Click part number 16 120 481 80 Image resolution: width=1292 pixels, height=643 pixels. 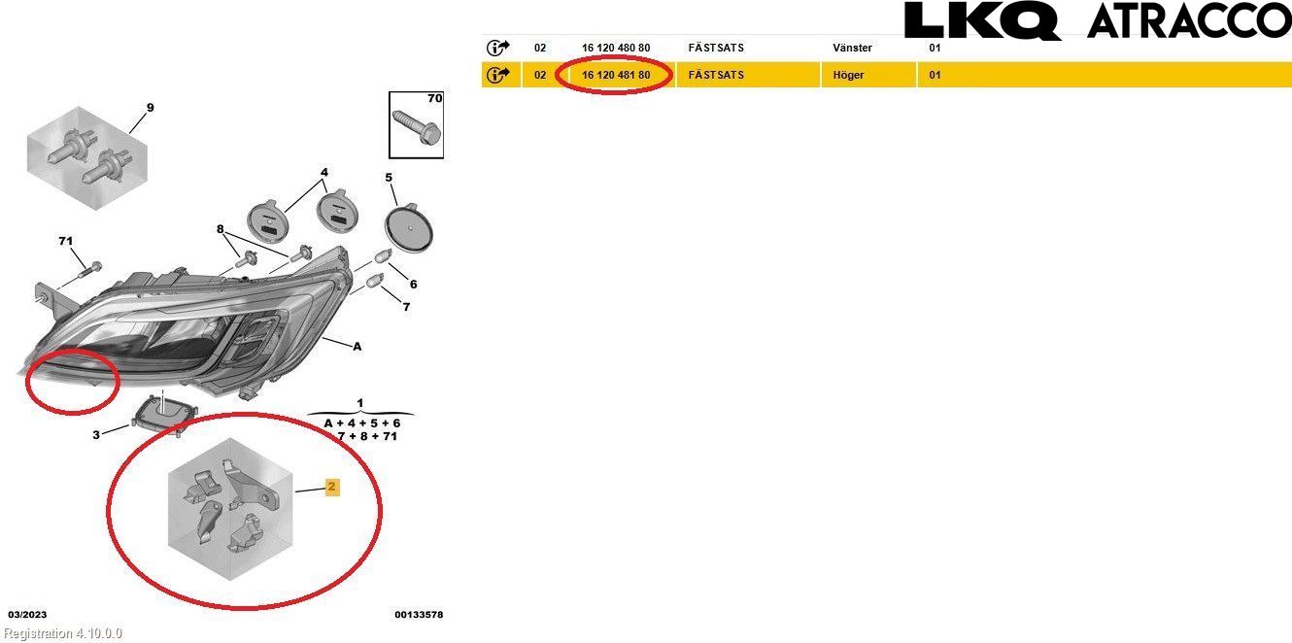[616, 75]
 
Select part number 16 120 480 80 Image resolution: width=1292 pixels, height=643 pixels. [616, 48]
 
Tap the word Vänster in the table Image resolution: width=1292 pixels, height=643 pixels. [852, 48]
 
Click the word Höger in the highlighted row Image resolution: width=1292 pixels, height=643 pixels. [848, 75]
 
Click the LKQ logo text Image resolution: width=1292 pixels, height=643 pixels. [982, 21]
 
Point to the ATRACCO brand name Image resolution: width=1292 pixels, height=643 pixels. [1189, 20]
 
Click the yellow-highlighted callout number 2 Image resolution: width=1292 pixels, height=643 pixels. [331, 487]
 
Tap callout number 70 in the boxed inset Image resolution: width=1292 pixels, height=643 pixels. [435, 99]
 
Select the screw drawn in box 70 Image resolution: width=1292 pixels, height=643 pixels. [417, 127]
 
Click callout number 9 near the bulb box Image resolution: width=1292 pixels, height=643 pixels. [150, 107]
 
